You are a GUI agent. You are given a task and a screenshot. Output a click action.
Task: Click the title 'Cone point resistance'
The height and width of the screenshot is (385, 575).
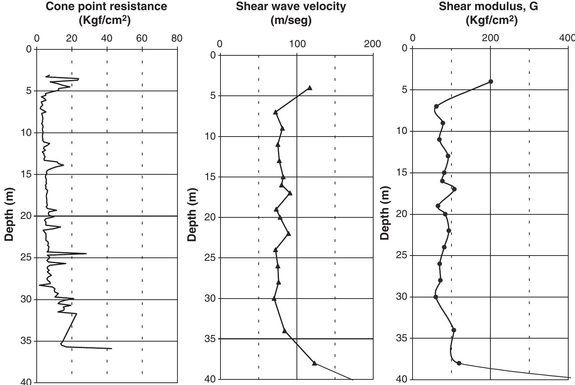106,6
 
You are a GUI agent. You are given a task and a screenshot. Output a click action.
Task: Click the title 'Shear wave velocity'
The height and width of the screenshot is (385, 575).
291,6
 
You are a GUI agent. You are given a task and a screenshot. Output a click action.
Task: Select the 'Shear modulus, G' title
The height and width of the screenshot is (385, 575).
489,6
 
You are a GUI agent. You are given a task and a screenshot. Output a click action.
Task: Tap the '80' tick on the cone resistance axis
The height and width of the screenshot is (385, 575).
177,38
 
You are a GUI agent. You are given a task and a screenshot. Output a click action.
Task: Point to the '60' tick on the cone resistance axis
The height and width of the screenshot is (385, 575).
142,38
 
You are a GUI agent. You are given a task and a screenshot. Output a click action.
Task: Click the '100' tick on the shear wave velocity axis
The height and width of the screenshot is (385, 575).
297,44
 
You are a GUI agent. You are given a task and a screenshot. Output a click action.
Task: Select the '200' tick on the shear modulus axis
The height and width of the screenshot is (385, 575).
490,38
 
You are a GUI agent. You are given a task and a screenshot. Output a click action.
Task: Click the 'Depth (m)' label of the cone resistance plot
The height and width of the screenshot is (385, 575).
9,214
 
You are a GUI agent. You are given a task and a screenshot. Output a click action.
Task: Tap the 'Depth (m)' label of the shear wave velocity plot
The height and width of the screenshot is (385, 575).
192,214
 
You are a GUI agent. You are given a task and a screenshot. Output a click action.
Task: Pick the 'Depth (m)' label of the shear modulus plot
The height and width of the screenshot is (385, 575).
385,213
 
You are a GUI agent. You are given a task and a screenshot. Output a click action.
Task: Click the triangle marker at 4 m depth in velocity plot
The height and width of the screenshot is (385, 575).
310,88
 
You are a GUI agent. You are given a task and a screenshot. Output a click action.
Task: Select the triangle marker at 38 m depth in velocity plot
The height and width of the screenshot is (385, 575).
314,363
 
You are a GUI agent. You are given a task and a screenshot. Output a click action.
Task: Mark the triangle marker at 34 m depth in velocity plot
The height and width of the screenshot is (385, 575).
285,331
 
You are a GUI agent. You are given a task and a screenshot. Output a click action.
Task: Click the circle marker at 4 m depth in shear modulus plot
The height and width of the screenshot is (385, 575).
491,82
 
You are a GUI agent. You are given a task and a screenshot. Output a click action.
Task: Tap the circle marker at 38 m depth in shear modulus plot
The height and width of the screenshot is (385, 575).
459,363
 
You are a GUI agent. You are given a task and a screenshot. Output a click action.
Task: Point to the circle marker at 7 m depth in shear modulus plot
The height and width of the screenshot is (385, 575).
436,107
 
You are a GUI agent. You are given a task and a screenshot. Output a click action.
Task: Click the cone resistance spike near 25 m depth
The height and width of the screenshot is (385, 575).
86,254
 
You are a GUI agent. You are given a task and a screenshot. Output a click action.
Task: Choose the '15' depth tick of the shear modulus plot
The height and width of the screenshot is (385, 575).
402,173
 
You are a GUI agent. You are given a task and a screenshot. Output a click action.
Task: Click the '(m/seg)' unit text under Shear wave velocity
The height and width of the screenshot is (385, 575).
291,20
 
